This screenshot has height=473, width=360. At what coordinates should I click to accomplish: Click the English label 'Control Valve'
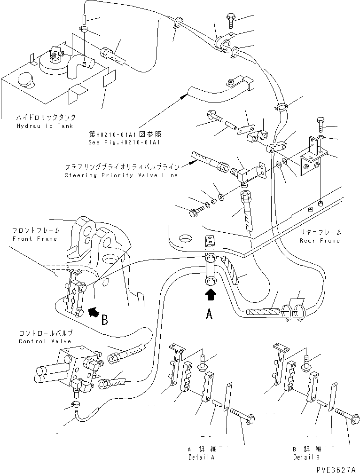45,341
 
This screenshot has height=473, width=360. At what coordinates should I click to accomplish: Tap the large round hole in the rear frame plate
184,238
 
